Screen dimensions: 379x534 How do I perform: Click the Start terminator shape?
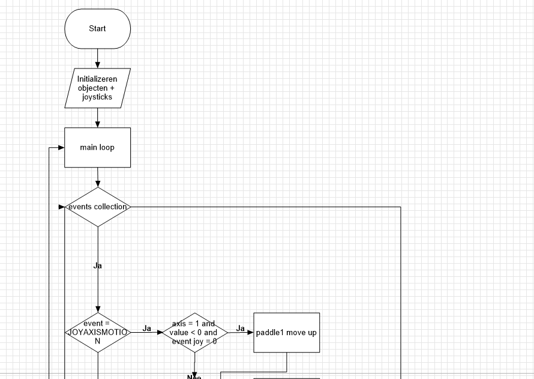pyautogui.click(x=97, y=28)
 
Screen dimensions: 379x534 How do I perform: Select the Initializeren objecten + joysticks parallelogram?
pyautogui.click(x=97, y=88)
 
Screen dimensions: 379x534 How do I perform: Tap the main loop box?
pyautogui.click(x=97, y=147)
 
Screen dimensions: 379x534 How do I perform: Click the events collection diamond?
pyautogui.click(x=97, y=207)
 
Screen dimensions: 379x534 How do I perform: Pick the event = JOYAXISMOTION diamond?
pyautogui.click(x=97, y=332)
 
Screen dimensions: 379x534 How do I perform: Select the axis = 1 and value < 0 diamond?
pyautogui.click(x=194, y=332)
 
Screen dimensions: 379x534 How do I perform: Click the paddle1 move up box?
pyautogui.click(x=286, y=332)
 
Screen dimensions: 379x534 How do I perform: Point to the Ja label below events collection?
pyautogui.click(x=97, y=265)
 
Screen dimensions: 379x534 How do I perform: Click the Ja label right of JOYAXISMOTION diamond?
pyautogui.click(x=147, y=328)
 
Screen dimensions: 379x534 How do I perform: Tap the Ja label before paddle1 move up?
pyautogui.click(x=240, y=328)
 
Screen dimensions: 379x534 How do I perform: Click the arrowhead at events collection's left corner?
pyautogui.click(x=61, y=207)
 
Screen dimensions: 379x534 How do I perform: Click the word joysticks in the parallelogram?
pyautogui.click(x=97, y=97)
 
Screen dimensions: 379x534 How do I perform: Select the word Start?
pyautogui.click(x=97, y=28)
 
